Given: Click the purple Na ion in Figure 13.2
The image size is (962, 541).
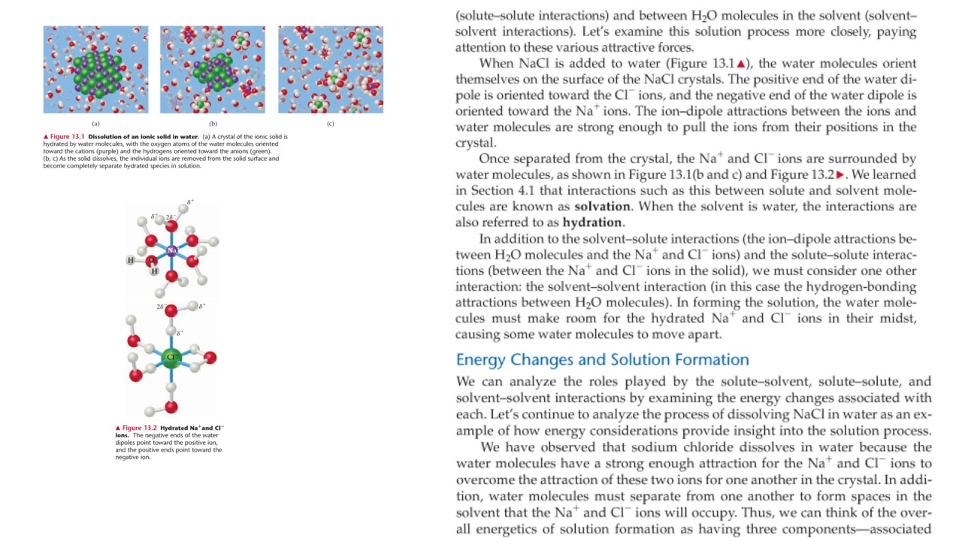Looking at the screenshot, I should coord(171,250).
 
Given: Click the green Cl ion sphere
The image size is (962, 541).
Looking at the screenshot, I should coord(171,358).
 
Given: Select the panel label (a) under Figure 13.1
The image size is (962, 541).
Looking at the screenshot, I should coord(95,123).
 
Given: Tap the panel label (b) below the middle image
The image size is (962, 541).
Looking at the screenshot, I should coord(213,123).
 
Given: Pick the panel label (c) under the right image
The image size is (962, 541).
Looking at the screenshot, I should coord(331,123).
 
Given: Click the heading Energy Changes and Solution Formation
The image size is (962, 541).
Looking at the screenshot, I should coord(602,359).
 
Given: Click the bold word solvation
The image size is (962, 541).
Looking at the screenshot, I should coord(602,206).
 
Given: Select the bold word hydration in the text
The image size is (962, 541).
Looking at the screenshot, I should coord(591,222).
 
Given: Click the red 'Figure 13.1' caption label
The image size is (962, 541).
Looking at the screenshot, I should coord(66,137).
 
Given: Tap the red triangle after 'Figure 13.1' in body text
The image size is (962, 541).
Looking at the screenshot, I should coord(740,64).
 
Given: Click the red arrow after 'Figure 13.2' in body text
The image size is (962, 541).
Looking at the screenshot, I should coord(840,174).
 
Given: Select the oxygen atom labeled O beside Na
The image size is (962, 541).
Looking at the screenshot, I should coord(151,261).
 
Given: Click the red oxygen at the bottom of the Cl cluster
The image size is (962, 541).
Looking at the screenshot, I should coord(171,407).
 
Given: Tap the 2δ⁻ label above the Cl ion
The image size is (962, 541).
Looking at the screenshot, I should coord(160,307).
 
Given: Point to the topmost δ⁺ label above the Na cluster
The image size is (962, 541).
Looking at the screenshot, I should coord(191,202).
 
